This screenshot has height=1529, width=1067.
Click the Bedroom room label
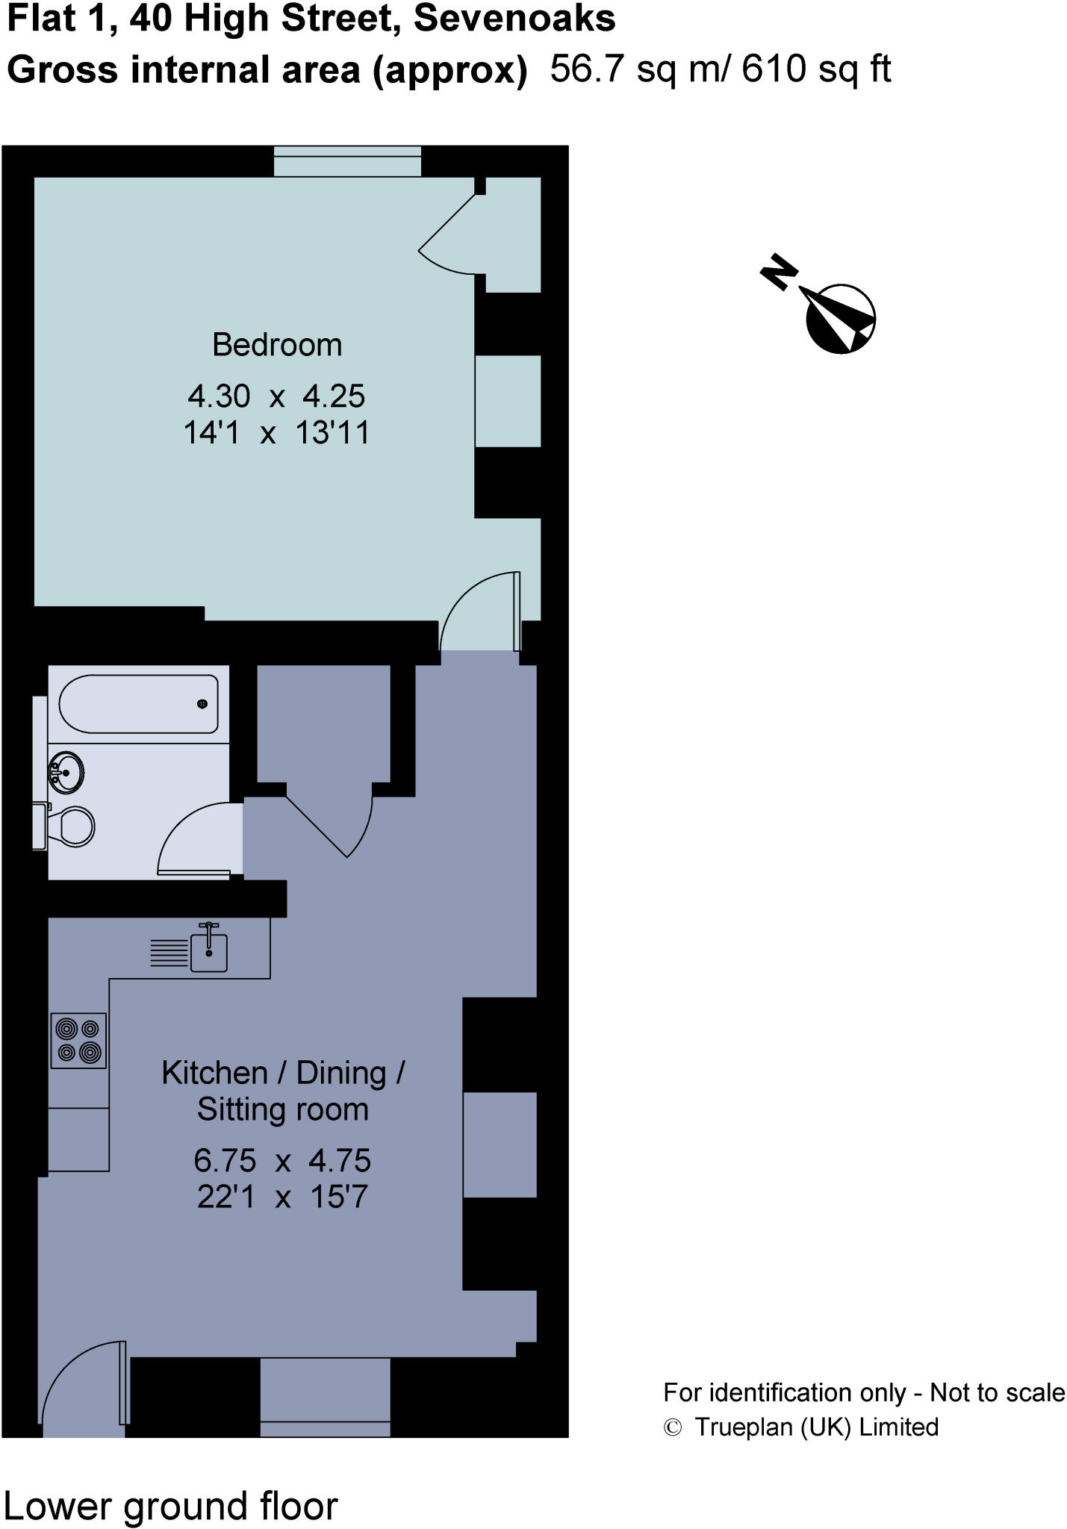(277, 345)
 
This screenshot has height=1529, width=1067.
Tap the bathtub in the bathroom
(139, 704)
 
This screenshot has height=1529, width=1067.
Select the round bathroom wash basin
(66, 771)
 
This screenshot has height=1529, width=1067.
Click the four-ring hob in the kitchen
(78, 1040)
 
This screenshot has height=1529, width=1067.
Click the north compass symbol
(840, 318)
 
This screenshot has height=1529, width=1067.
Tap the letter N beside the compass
(779, 272)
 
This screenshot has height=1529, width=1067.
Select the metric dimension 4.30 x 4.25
(276, 396)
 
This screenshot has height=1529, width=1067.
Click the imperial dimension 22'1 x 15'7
(282, 1198)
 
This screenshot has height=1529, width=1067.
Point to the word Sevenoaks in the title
(514, 19)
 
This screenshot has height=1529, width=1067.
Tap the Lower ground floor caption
(171, 1506)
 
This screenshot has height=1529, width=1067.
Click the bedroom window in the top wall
(347, 161)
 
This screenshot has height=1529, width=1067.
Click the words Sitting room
(282, 1109)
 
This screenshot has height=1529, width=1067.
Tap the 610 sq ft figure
(816, 70)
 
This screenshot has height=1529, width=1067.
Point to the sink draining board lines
(169, 953)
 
